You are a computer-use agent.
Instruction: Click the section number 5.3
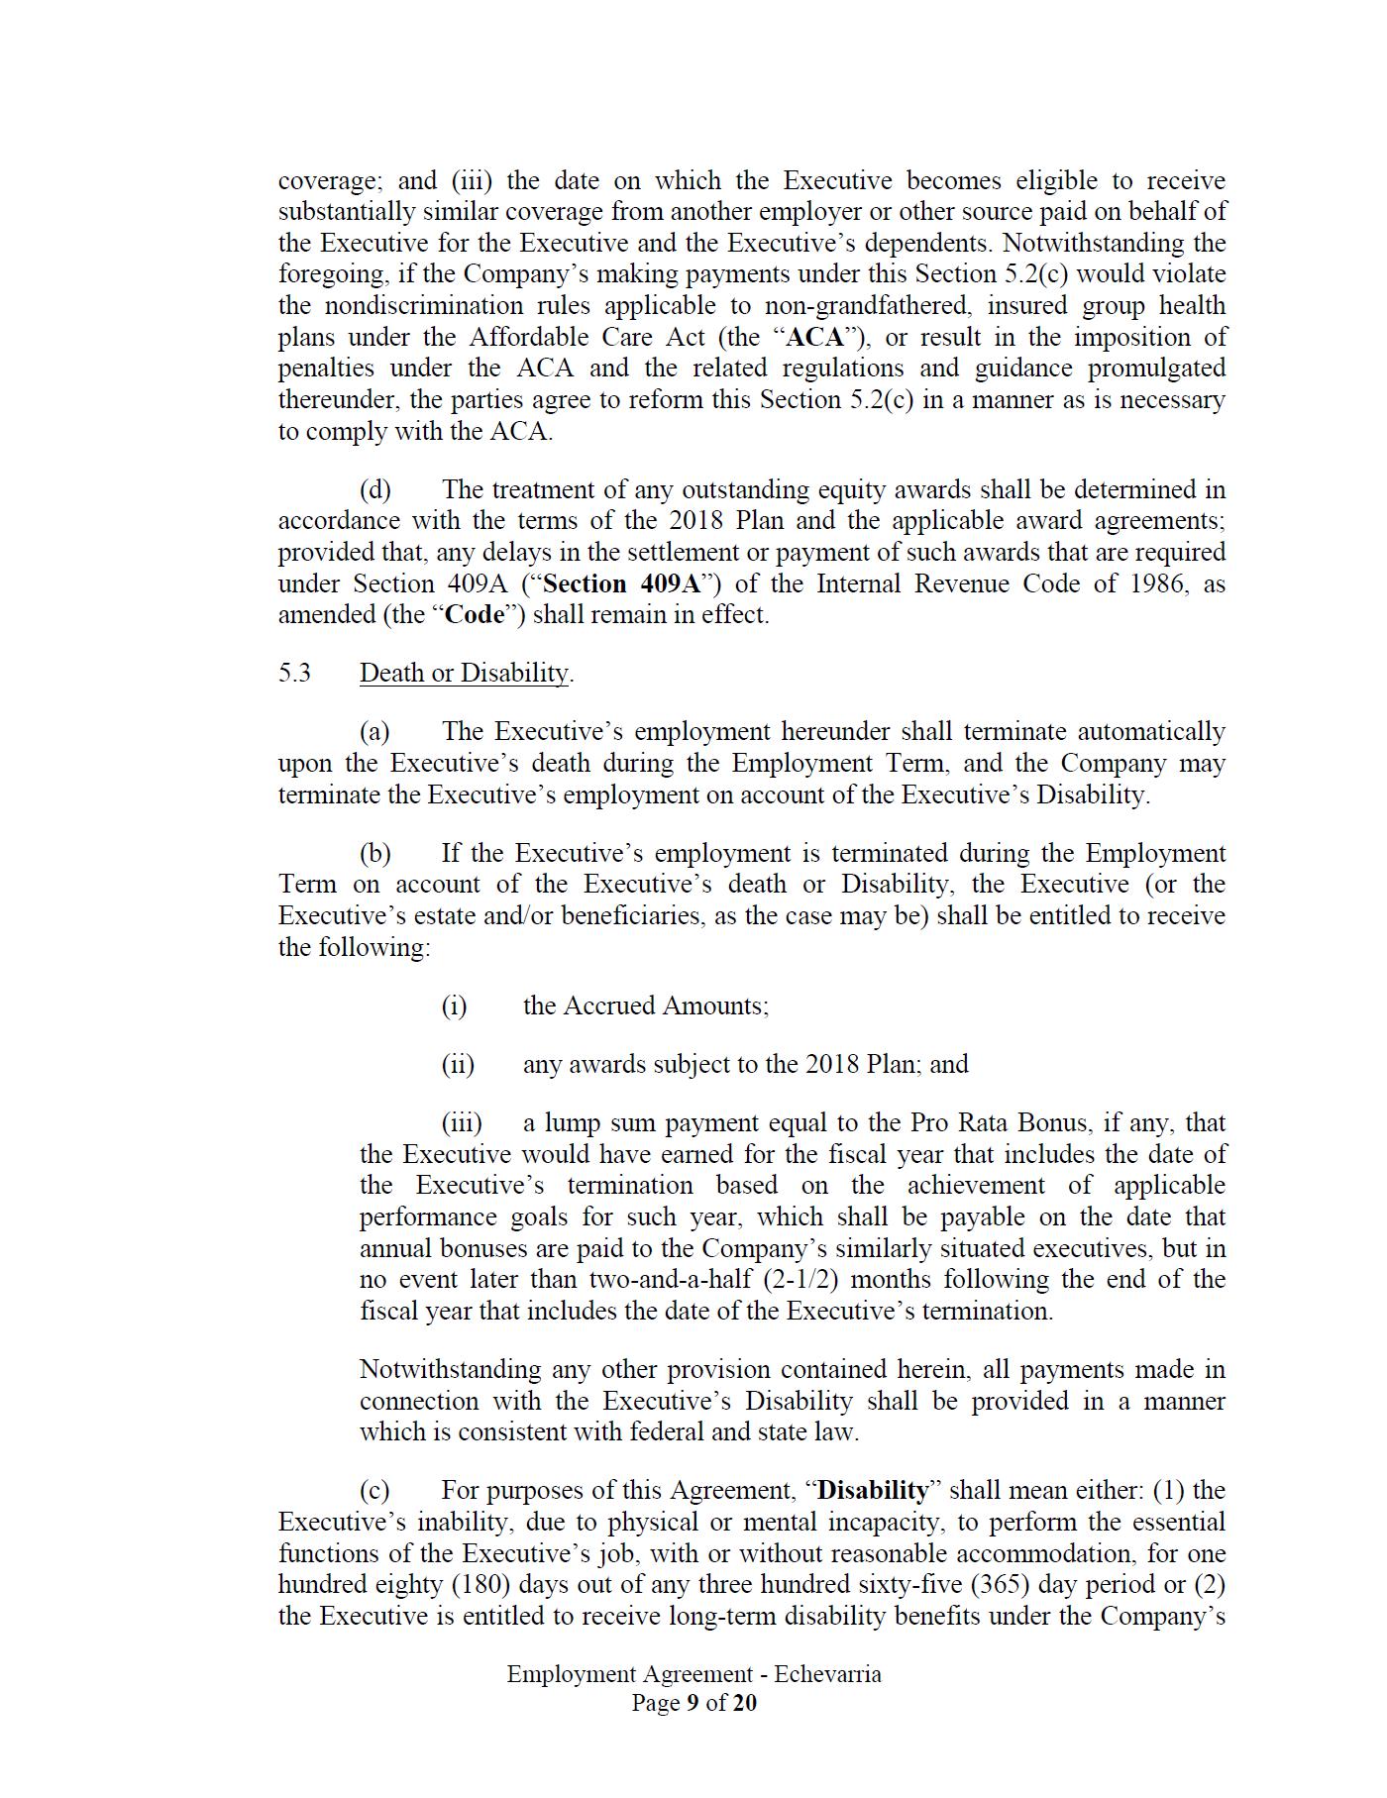point(294,673)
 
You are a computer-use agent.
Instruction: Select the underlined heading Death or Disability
point(465,673)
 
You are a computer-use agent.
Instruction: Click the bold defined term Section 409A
point(622,583)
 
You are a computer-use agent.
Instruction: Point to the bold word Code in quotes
point(476,614)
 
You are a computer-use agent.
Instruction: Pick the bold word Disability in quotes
point(874,1490)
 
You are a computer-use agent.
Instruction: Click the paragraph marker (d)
point(375,489)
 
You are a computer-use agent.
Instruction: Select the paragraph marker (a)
point(374,731)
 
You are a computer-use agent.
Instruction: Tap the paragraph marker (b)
point(375,853)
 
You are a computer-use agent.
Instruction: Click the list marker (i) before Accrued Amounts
point(454,1005)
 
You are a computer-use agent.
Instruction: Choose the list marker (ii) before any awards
point(458,1064)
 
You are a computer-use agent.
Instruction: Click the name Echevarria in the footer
point(828,1674)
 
